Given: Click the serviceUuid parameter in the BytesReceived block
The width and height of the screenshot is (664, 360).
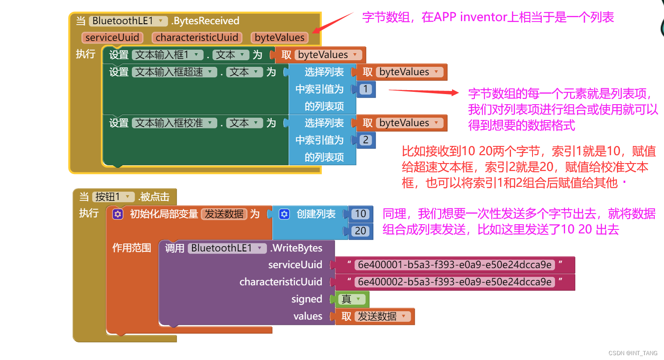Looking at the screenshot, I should click(x=112, y=38).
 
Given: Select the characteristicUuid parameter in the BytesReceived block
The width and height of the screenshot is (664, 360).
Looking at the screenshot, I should click(x=197, y=38).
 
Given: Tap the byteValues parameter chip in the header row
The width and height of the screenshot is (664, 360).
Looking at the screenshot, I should click(x=279, y=38).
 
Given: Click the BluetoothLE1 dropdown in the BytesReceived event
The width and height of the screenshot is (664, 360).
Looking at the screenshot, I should click(x=128, y=21).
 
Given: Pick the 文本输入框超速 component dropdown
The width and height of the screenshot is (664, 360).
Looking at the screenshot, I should click(x=174, y=72).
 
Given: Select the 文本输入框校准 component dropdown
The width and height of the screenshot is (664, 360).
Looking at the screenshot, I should click(x=174, y=123).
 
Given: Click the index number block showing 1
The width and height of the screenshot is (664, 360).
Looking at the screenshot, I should click(x=365, y=89).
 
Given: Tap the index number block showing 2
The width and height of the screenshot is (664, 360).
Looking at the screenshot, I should click(x=365, y=140).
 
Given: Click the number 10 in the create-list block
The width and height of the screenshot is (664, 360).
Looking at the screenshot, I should click(x=361, y=214).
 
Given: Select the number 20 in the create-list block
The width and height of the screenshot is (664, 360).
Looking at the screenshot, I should click(x=361, y=231).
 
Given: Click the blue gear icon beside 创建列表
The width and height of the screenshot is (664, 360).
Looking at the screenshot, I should click(x=285, y=214).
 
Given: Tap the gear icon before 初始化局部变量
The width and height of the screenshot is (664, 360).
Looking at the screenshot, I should click(x=118, y=214).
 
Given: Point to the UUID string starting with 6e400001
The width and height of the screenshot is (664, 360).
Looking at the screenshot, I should click(x=454, y=265).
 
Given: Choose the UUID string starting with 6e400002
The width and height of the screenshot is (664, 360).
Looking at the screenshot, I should click(x=454, y=282).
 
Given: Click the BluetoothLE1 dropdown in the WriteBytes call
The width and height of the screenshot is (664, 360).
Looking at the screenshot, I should click(x=227, y=248).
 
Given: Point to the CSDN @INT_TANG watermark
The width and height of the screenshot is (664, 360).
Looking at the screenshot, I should click(x=633, y=353).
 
